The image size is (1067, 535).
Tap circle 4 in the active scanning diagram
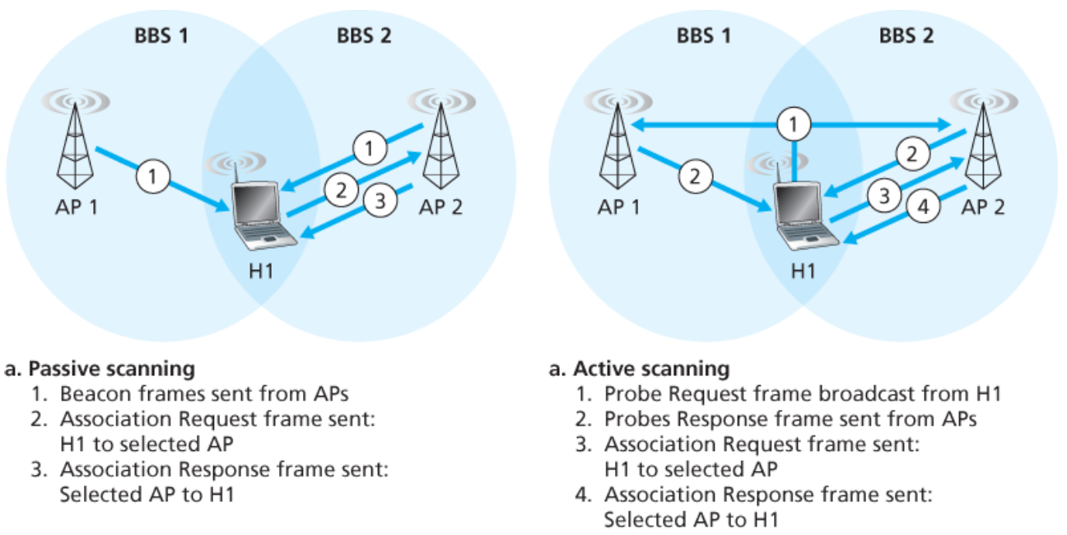coord(924,207)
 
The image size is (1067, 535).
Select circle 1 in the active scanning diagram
coord(792,125)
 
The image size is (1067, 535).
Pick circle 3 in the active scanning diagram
coord(884,196)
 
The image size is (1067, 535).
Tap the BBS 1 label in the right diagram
coord(704,36)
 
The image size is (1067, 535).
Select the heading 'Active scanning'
coord(650,368)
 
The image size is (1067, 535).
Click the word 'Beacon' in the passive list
coord(90,393)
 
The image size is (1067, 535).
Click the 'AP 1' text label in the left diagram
coord(75,207)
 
